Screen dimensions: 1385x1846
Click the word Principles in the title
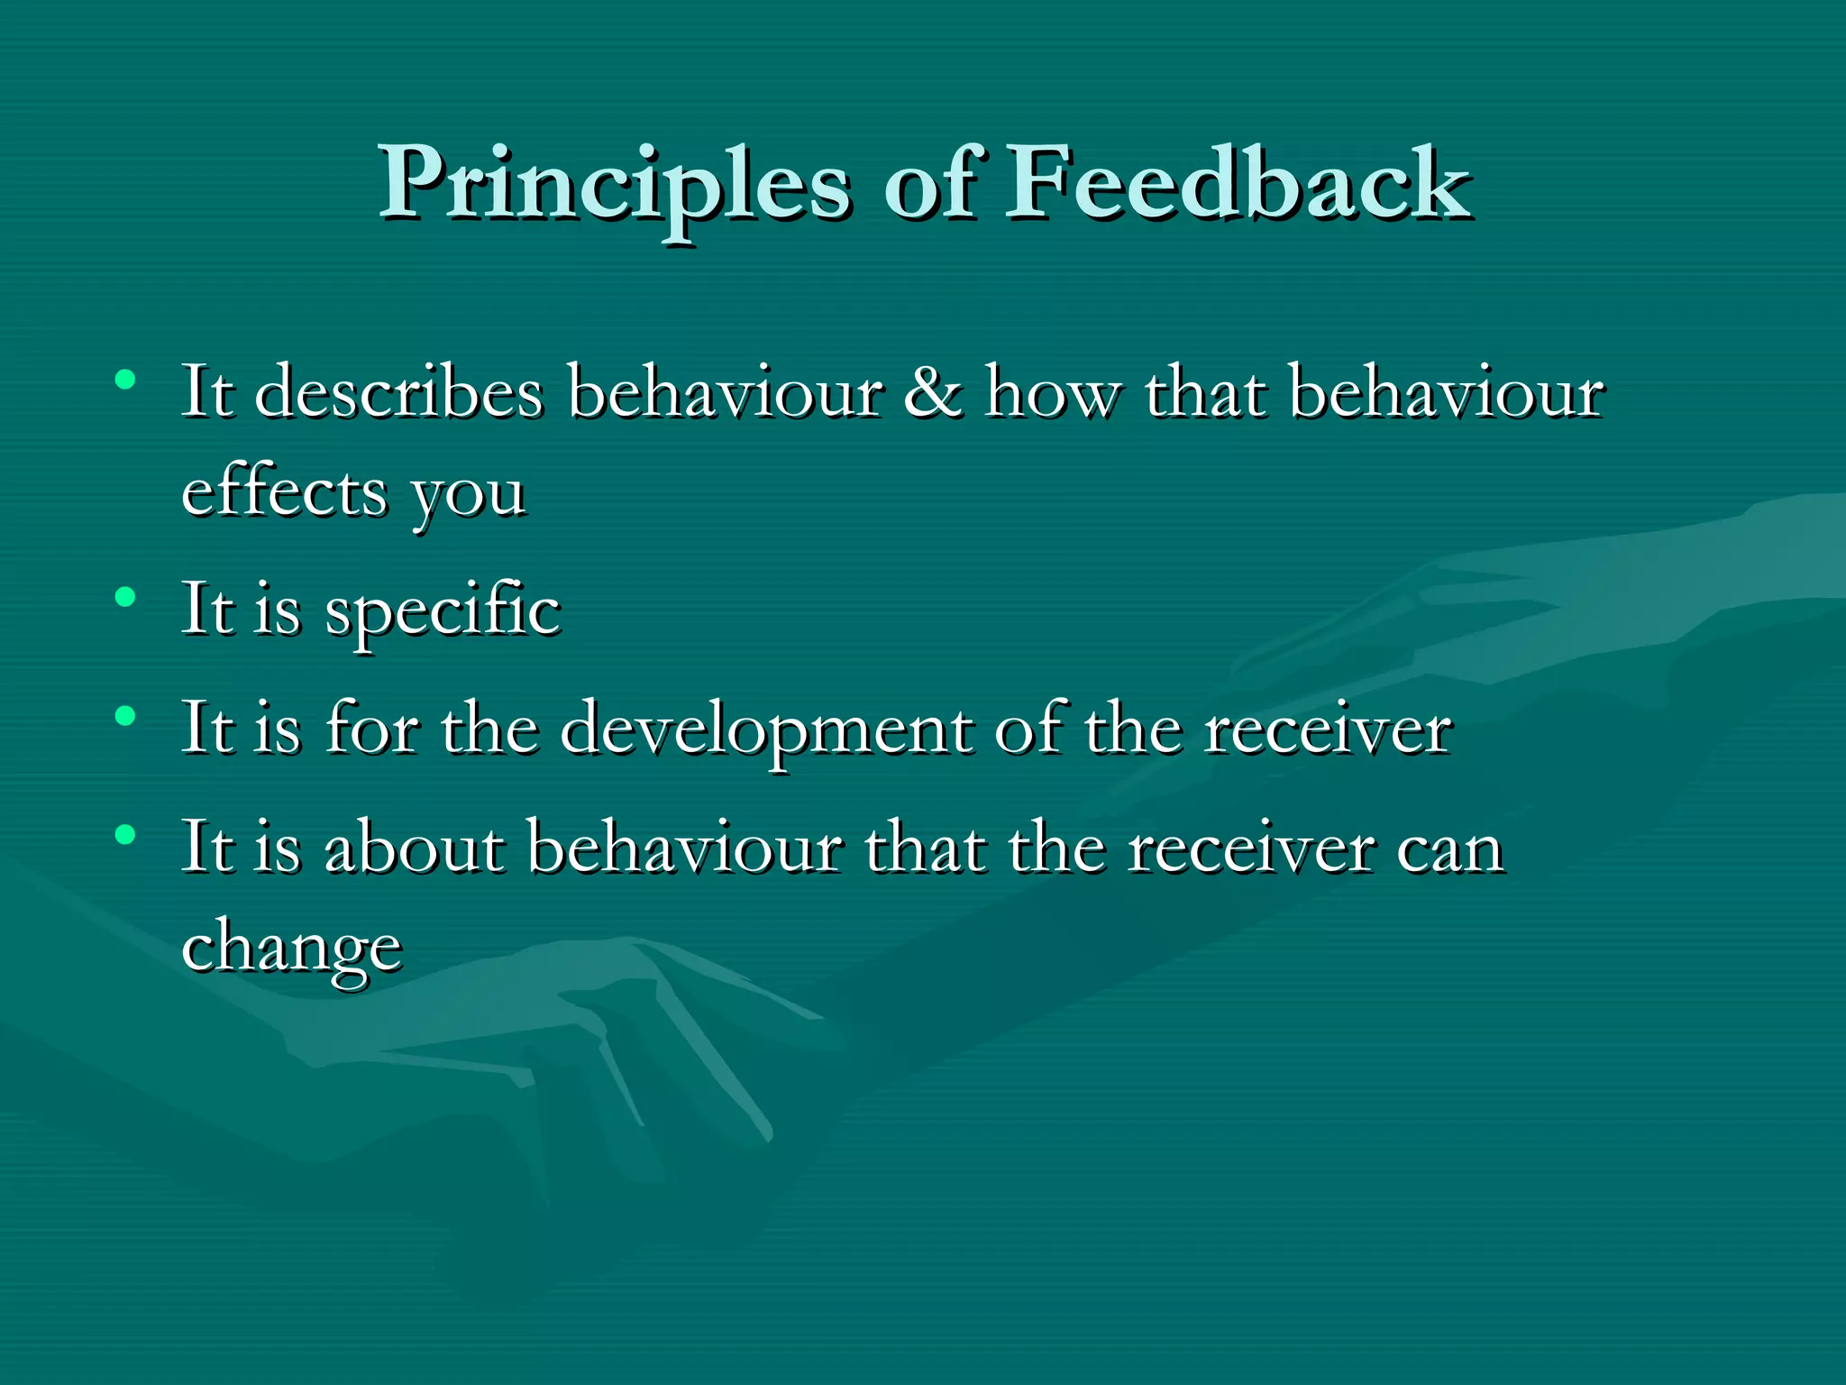[613, 185]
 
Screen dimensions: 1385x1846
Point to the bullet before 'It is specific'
[125, 596]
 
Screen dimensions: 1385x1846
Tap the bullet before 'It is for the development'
[125, 716]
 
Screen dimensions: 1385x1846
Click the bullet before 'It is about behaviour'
[125, 835]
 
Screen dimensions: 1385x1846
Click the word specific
[442, 611]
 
